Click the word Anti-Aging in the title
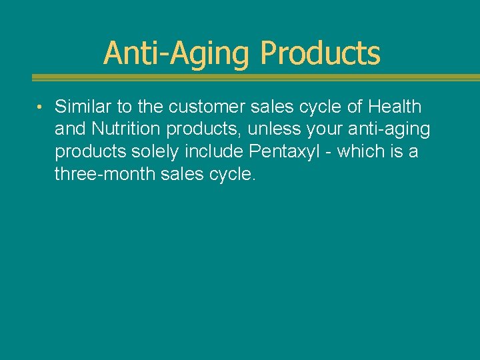tap(178, 53)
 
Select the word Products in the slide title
tap(320, 53)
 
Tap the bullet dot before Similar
tap(41, 108)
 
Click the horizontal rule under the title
tap(256, 77)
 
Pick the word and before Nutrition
tap(70, 129)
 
